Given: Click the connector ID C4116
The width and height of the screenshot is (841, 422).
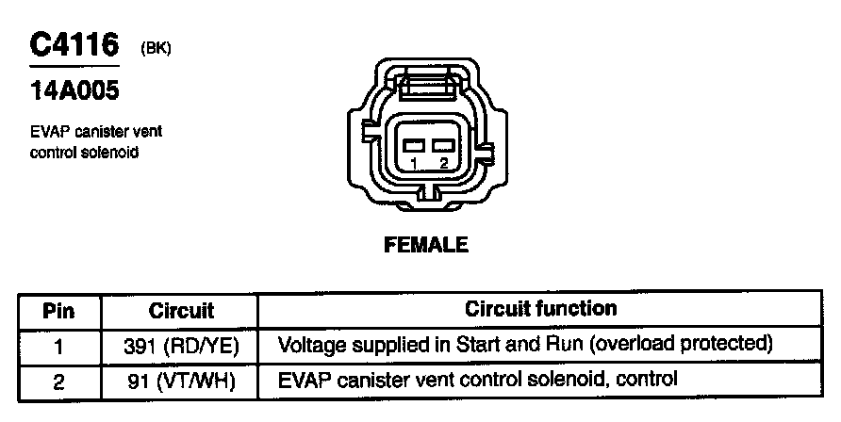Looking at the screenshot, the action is pyautogui.click(x=74, y=47).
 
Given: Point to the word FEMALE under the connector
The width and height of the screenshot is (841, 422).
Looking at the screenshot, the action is pyautogui.click(x=426, y=245).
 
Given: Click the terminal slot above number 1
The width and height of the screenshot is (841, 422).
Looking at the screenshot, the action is pyautogui.click(x=413, y=145).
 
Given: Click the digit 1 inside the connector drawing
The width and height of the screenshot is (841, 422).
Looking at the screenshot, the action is pyautogui.click(x=414, y=163).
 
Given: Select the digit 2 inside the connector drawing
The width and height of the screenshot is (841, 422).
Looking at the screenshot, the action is pyautogui.click(x=443, y=163).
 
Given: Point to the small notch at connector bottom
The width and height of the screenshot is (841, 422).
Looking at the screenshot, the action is pyautogui.click(x=429, y=197).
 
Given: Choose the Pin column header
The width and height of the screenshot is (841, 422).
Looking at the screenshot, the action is pyautogui.click(x=58, y=310).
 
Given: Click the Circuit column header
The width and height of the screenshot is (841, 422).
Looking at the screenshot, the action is pyautogui.click(x=181, y=310).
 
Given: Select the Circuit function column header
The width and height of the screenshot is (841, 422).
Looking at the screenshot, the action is pyautogui.click(x=541, y=309).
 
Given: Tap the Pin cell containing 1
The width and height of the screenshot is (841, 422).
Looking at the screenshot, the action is pyautogui.click(x=58, y=345).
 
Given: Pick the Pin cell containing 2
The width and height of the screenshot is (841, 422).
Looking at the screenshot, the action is pyautogui.click(x=58, y=381).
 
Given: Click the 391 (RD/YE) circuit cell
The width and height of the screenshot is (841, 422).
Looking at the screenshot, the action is pyautogui.click(x=181, y=346).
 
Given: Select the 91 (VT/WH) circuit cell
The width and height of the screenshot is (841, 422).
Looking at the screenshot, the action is pyautogui.click(x=181, y=381).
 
